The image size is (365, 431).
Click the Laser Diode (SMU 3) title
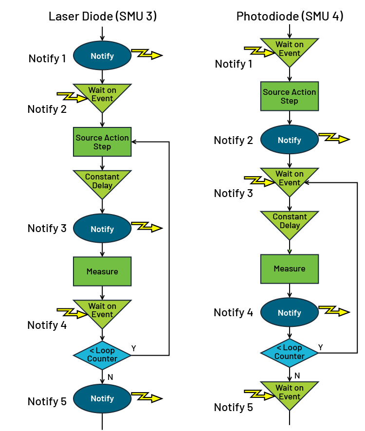click(x=102, y=16)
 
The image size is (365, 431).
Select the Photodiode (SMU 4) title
click(x=290, y=16)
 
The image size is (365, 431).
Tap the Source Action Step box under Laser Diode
click(x=102, y=142)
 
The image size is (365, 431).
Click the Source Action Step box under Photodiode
click(x=290, y=96)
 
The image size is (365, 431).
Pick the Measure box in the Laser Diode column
click(x=102, y=271)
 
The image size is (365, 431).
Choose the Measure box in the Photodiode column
click(x=290, y=269)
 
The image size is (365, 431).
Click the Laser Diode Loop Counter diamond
click(x=102, y=355)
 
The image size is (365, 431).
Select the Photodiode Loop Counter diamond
click(x=290, y=352)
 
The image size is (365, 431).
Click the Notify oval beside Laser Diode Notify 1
click(x=102, y=56)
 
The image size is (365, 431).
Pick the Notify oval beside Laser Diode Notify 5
click(x=102, y=398)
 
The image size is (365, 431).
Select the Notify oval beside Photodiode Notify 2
click(x=290, y=140)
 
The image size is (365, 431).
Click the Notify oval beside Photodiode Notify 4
click(x=290, y=313)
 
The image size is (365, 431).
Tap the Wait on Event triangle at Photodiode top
click(x=290, y=49)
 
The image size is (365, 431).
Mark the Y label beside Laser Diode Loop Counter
click(x=134, y=349)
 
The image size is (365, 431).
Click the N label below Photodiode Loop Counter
click(x=297, y=375)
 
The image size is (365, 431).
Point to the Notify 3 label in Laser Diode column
click(x=47, y=228)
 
